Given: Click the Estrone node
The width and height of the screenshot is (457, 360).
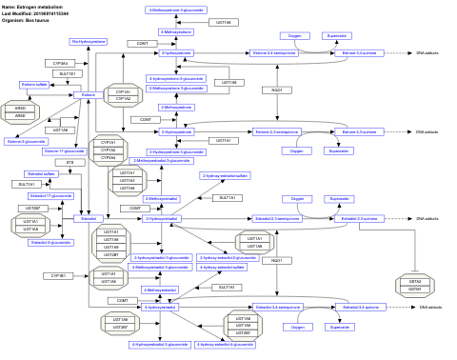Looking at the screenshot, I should coord(88,95).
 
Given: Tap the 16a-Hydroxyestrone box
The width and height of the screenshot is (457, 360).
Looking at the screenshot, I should coord(89,42).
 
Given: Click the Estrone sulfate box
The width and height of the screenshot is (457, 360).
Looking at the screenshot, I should coord(36,85).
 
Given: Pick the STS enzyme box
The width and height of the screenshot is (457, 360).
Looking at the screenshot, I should coord(70,163).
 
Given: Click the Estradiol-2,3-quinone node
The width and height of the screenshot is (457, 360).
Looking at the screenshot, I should coord(348,219).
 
